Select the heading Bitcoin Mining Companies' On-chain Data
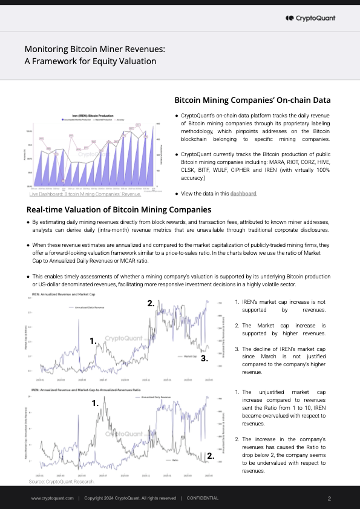coord(252,100)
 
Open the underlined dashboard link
coord(243,194)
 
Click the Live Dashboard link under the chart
coord(85,194)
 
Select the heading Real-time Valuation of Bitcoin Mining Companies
coord(119,210)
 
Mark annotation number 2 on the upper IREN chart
coord(151,304)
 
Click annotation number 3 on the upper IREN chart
coord(205,358)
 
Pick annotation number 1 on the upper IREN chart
coord(93,341)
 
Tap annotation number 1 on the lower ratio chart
coord(95,402)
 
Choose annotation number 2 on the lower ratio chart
coord(210,455)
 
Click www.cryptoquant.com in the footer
coord(53,498)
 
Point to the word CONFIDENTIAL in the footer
coord(203,498)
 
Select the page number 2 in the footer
coord(329,498)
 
